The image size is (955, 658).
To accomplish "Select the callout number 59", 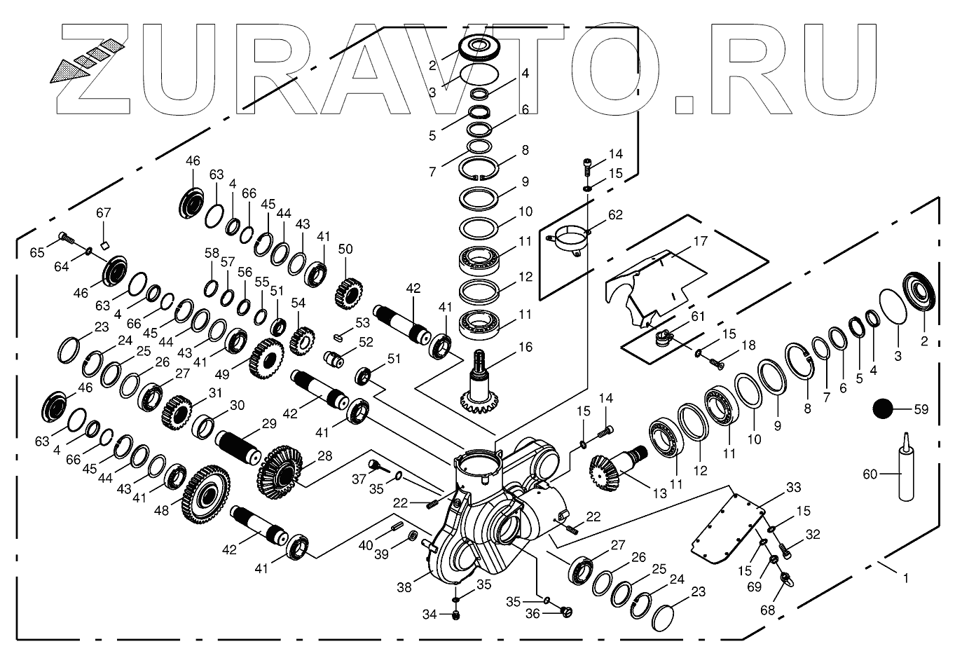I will [921, 409].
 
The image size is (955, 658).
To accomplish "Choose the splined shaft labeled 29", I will [238, 445].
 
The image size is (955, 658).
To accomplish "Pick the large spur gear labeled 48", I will [205, 494].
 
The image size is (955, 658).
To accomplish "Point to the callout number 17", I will [700, 242].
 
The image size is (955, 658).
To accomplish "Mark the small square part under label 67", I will [104, 245].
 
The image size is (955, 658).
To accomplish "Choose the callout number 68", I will [768, 610].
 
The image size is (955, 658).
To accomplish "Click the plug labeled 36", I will [567, 613].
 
